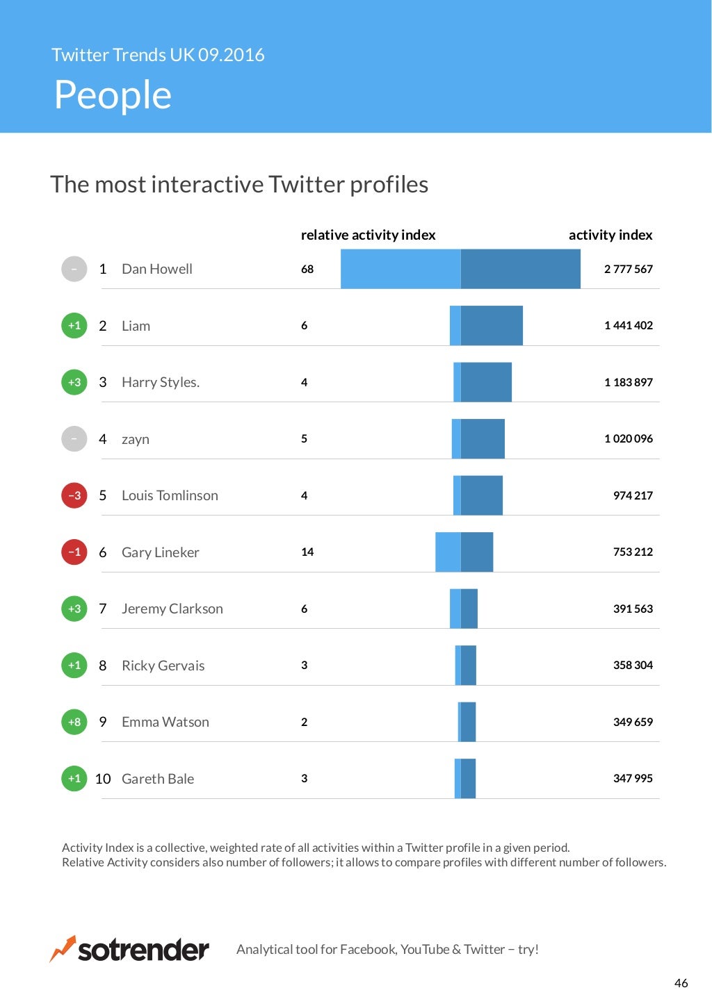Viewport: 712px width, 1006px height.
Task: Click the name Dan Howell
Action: coord(156,269)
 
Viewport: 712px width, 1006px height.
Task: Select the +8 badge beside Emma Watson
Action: coord(74,722)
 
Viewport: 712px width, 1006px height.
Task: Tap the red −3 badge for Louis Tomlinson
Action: coord(74,495)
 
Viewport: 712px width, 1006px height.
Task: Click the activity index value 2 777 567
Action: coord(628,269)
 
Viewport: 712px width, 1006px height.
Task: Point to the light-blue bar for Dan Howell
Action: coord(400,269)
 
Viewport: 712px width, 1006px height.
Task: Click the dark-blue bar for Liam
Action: coord(492,325)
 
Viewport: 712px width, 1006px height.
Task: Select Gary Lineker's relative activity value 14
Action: coord(307,552)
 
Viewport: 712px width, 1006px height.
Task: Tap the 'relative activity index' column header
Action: coord(368,235)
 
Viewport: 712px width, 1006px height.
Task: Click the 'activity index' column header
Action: coord(610,235)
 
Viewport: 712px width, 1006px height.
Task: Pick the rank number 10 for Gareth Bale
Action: coord(103,779)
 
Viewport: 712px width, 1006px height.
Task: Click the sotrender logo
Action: coord(130,949)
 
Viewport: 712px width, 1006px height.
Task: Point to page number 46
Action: coord(681,983)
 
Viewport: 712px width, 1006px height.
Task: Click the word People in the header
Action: coord(113,95)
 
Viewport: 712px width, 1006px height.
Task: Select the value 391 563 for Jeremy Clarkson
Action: coord(633,609)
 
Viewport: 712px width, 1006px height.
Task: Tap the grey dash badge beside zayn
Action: coord(74,438)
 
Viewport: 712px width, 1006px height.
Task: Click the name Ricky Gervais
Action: coord(163,666)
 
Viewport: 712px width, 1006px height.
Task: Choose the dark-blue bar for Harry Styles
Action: coord(486,382)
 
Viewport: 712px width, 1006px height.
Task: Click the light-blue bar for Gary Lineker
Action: coord(448,552)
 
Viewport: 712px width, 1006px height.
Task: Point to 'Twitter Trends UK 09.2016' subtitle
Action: coord(158,55)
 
